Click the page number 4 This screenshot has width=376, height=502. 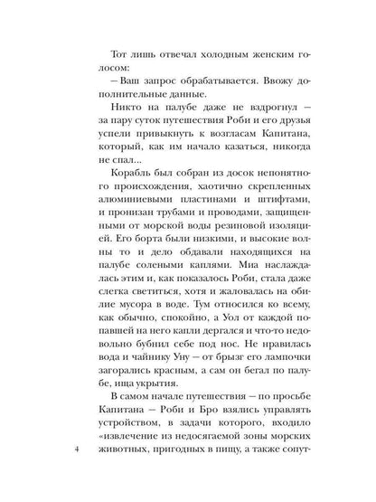(x=79, y=450)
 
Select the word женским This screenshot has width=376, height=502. (x=264, y=55)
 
